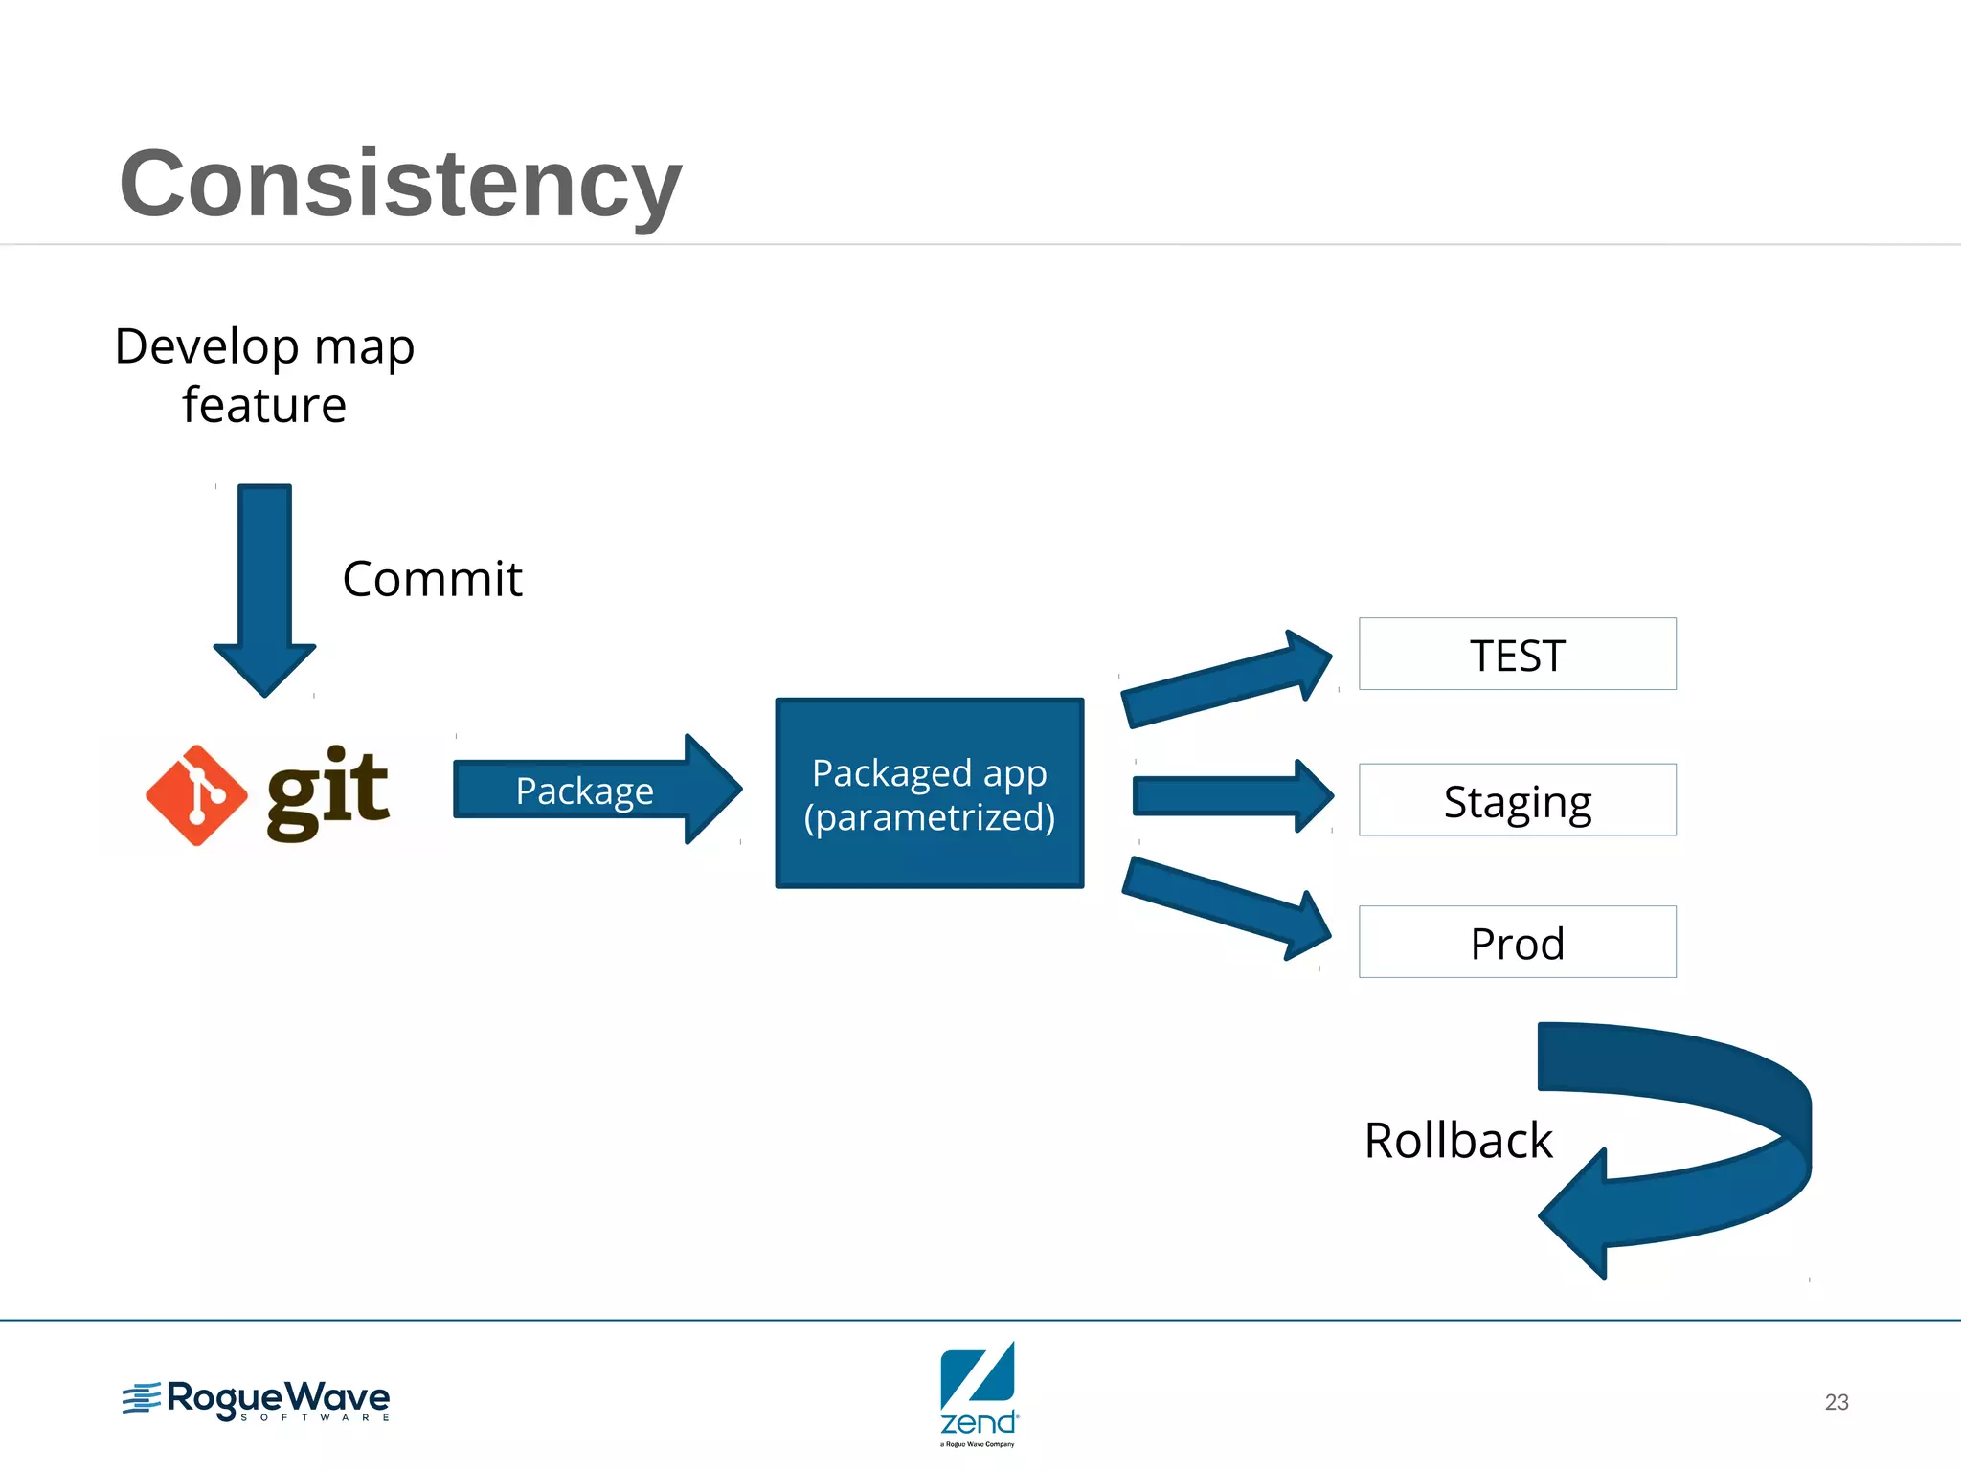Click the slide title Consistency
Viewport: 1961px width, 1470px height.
400,184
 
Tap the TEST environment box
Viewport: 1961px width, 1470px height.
1517,655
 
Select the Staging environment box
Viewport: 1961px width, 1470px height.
1517,800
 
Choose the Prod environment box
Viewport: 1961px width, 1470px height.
1517,942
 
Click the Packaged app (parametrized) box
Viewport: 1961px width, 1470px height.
929,793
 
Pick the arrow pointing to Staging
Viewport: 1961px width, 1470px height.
1230,796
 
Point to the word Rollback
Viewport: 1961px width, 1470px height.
1457,1141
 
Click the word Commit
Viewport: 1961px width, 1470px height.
432,580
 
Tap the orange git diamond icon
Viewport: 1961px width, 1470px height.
196,795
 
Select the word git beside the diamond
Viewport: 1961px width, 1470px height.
327,791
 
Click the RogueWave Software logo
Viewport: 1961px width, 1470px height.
257,1401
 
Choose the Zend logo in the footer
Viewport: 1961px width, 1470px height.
978,1392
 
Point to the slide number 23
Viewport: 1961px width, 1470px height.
1836,1402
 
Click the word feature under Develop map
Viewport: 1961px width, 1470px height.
264,406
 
